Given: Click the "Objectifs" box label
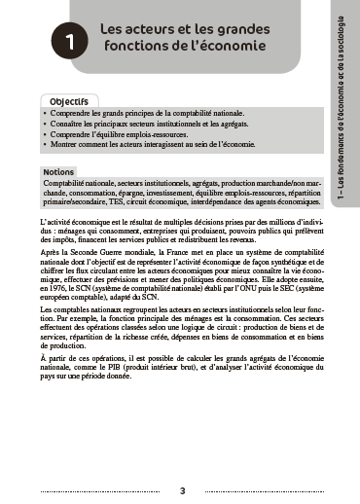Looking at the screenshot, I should (x=70, y=101).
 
